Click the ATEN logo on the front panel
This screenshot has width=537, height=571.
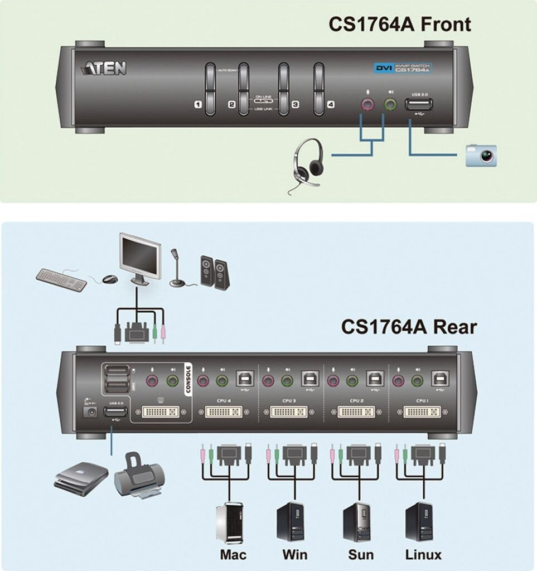click(x=105, y=68)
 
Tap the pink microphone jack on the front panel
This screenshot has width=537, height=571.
click(x=366, y=104)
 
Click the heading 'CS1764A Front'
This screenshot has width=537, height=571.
click(x=399, y=25)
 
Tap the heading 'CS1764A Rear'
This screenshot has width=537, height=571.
click(x=409, y=326)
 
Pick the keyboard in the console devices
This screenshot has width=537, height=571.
click(x=61, y=279)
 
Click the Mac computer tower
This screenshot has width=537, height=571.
click(x=230, y=521)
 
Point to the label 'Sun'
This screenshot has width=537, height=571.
click(x=360, y=554)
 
